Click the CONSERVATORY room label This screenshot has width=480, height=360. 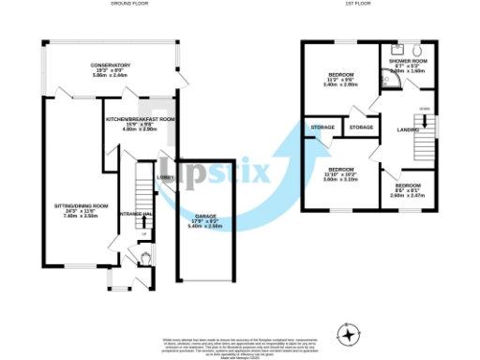[x=111, y=65]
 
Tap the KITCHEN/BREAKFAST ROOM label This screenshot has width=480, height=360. [x=141, y=120]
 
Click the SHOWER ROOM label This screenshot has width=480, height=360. [x=409, y=61]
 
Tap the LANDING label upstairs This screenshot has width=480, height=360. [x=408, y=129]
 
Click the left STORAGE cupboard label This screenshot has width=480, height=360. [x=323, y=127]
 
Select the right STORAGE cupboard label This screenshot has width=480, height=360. [x=361, y=127]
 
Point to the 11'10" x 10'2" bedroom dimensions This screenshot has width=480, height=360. [x=340, y=176]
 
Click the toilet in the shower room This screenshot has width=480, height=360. [x=418, y=51]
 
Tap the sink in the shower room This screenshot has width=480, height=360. [x=397, y=48]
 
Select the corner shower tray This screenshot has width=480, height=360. [x=397, y=82]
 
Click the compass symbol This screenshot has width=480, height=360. [x=350, y=333]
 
